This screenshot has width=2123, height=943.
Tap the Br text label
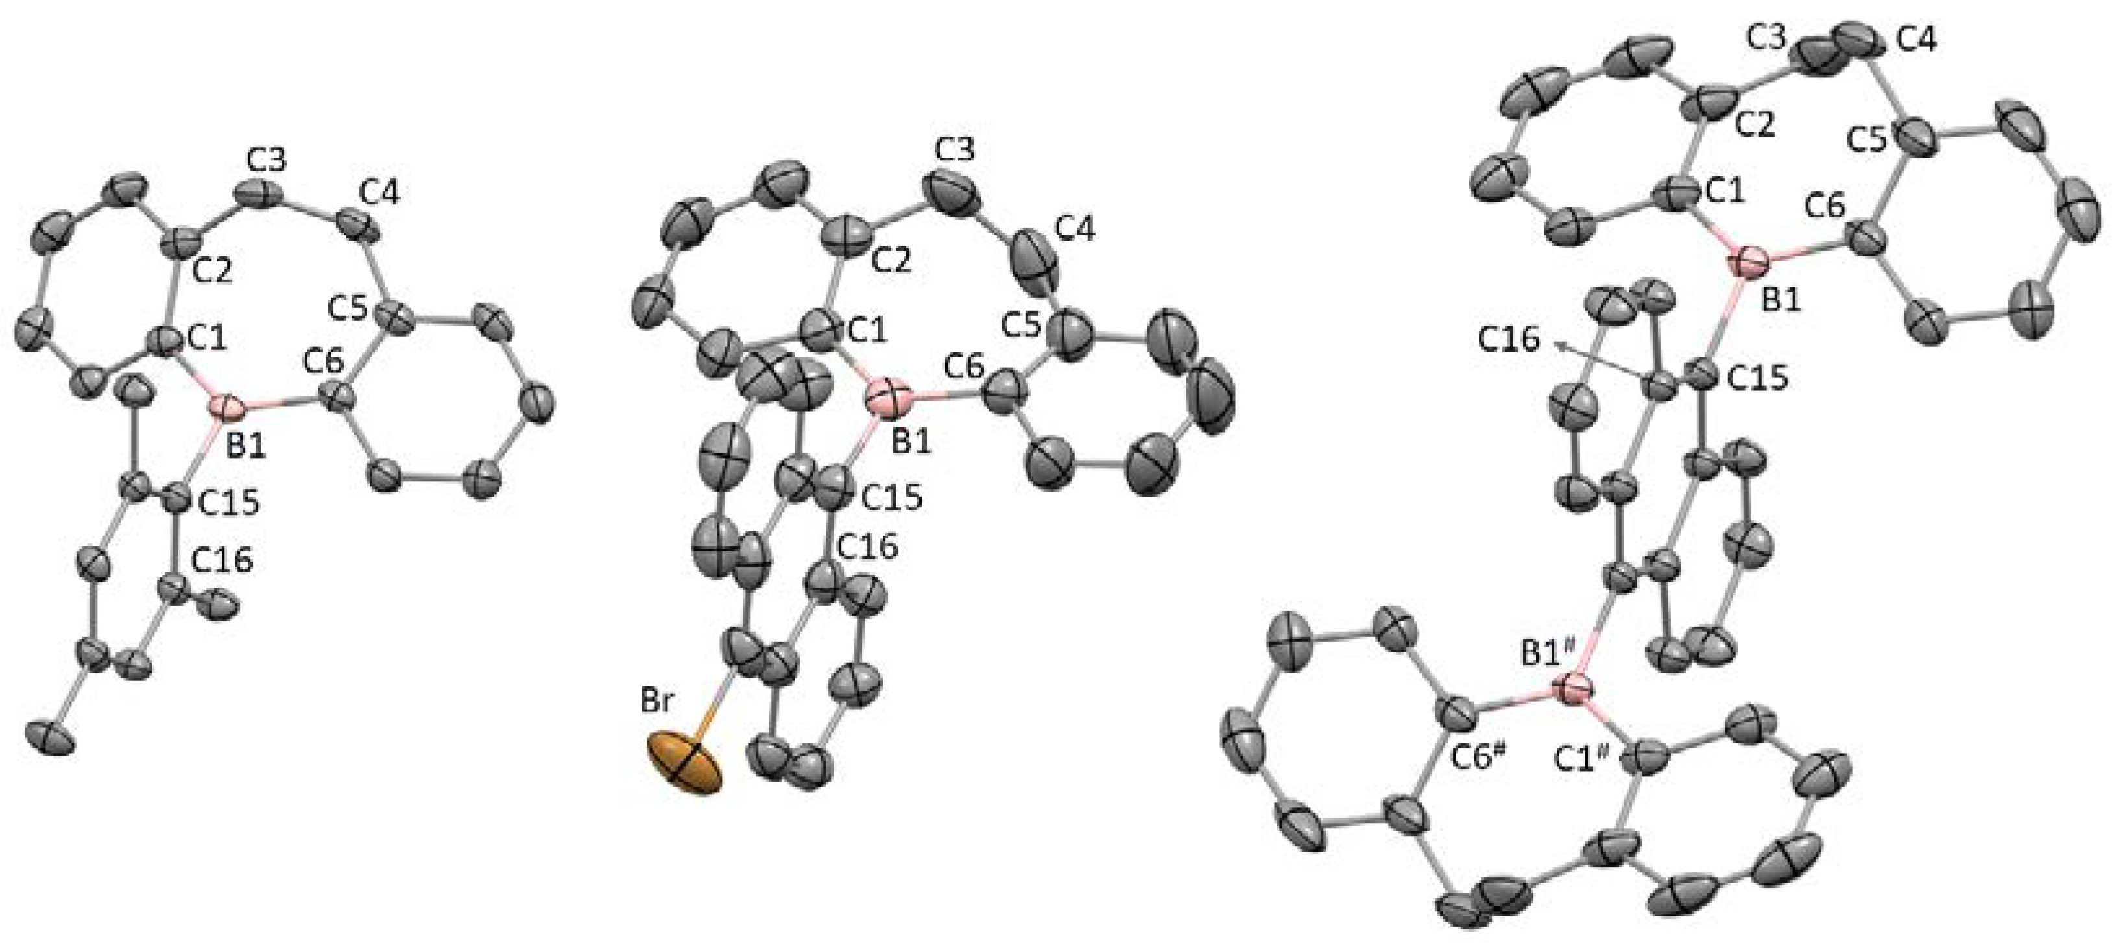tap(658, 705)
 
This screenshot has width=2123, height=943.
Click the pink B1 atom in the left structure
tap(225, 407)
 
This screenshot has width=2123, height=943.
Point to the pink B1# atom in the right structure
tap(1575, 688)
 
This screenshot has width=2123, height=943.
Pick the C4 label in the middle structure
tap(1075, 232)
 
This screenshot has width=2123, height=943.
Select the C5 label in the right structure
tap(1869, 141)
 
